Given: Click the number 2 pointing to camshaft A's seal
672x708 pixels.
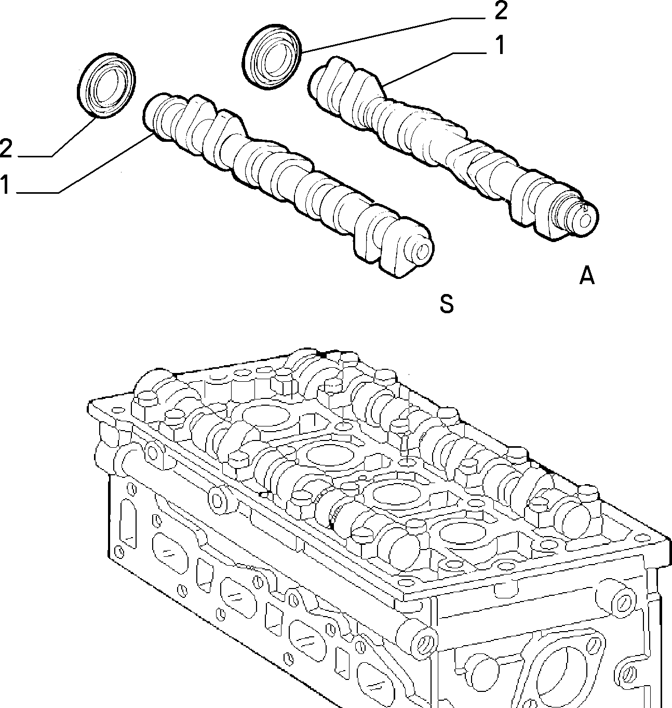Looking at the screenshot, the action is coord(500,11).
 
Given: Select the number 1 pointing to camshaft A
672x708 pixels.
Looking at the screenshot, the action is coord(500,45).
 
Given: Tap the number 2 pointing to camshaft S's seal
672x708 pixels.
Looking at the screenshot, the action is coord(6,148).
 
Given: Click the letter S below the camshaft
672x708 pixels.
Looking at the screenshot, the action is coord(447,303).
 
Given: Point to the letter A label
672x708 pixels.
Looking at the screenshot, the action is coord(587,276).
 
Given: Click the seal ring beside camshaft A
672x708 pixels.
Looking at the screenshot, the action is coord(272,57).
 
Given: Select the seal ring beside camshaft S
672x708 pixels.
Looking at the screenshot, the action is coord(106,85).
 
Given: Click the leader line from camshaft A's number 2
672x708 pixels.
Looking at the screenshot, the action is coord(395,35).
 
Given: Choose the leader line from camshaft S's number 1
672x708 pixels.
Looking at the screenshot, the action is coord(84,164).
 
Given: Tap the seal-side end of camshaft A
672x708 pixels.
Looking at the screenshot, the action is coord(318,86).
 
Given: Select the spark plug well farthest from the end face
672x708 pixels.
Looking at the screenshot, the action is coord(266,416).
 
